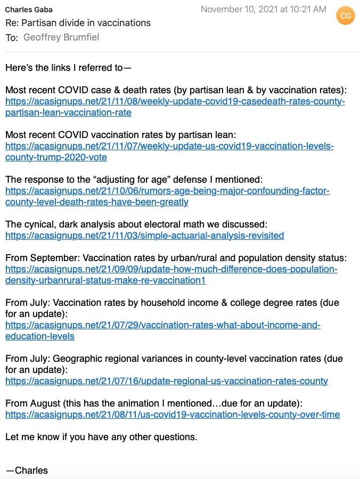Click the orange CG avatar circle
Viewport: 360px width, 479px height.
click(x=346, y=16)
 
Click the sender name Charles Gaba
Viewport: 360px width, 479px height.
click(x=29, y=10)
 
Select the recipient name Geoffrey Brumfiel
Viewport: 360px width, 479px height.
click(x=61, y=37)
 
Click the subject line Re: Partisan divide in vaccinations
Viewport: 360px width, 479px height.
click(x=78, y=23)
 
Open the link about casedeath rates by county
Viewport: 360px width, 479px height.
click(x=175, y=101)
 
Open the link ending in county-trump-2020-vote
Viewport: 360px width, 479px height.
click(x=169, y=146)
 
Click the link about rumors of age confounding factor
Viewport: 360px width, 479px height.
click(x=167, y=191)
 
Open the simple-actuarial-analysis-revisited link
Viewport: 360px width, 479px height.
click(x=144, y=236)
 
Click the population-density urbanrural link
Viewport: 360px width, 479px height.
click(x=171, y=269)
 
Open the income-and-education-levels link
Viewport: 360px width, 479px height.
click(x=162, y=325)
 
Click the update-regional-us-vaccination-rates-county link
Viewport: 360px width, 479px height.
click(x=166, y=381)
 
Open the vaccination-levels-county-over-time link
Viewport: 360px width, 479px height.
click(x=172, y=415)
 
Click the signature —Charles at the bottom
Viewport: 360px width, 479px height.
click(x=27, y=470)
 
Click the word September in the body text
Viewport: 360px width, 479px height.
click(x=54, y=258)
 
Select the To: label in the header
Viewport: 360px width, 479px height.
click(x=12, y=37)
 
